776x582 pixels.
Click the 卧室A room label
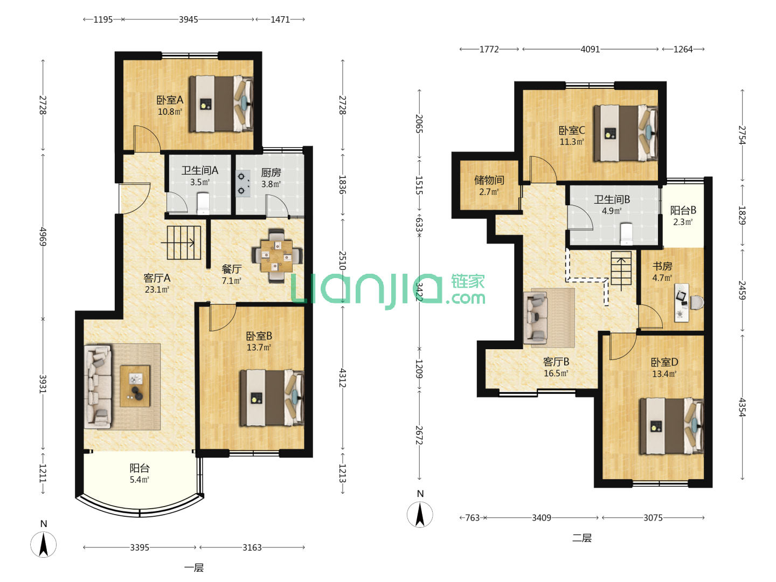[x=170, y=100]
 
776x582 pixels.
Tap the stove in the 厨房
[x=243, y=183]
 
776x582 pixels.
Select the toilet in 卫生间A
[x=203, y=204]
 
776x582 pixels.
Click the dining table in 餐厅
[x=277, y=256]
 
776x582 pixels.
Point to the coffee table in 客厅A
[x=135, y=386]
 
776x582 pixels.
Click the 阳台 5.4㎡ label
[x=139, y=474]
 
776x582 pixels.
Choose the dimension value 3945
[x=188, y=19]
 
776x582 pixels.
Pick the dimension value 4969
[x=43, y=237]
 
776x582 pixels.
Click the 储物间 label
[x=489, y=180]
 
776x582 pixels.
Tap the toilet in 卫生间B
[x=626, y=233]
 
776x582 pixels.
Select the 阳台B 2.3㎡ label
[x=683, y=216]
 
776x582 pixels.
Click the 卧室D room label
[x=664, y=362]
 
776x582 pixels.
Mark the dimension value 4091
[x=590, y=49]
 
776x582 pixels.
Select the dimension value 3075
[x=653, y=518]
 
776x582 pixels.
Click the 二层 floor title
[x=581, y=538]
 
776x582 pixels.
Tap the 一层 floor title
[x=194, y=568]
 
